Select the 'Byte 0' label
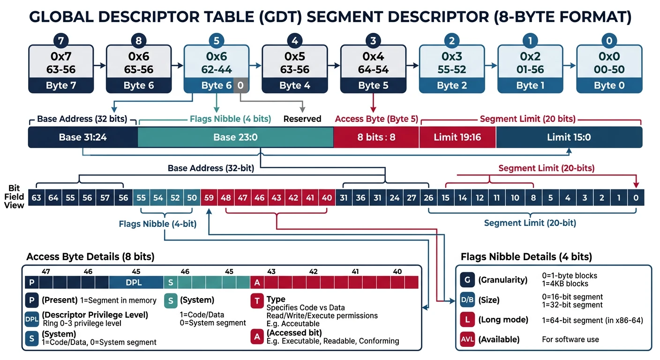(x=608, y=85)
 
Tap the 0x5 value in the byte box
(x=294, y=57)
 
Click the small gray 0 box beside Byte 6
(x=240, y=85)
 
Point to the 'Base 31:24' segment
(x=82, y=137)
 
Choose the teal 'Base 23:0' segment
(x=235, y=137)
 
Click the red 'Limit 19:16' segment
(x=457, y=137)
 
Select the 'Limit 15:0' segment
(x=569, y=137)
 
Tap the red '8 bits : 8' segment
(x=376, y=137)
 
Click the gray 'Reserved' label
(x=302, y=119)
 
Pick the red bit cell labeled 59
(x=209, y=198)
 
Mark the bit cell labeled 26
(x=428, y=198)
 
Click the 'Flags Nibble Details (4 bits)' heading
(x=526, y=257)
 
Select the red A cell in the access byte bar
(x=257, y=283)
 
